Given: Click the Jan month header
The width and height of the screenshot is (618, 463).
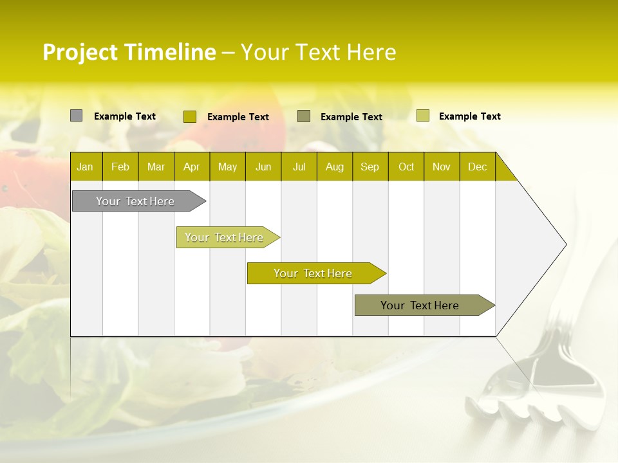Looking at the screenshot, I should pyautogui.click(x=85, y=167).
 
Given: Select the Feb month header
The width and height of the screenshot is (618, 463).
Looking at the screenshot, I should pyautogui.click(x=120, y=167).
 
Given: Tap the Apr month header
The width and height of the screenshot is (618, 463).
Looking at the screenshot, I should pyautogui.click(x=192, y=167).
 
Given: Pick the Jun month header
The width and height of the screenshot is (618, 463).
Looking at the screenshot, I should pyautogui.click(x=263, y=167).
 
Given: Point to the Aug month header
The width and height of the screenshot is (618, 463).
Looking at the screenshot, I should pyautogui.click(x=335, y=167).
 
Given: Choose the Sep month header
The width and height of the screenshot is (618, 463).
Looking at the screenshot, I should pyautogui.click(x=370, y=167).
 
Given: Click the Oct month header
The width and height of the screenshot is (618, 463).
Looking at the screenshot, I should pyautogui.click(x=406, y=167).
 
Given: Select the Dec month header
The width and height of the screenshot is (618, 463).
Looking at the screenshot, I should pyautogui.click(x=478, y=167).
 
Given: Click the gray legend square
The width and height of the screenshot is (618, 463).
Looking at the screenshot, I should pyautogui.click(x=77, y=116).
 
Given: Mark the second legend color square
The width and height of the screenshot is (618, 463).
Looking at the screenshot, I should pyautogui.click(x=190, y=116).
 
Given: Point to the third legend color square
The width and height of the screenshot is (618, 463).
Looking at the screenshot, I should pyautogui.click(x=304, y=116).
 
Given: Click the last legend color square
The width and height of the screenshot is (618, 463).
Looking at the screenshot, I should pyautogui.click(x=423, y=116).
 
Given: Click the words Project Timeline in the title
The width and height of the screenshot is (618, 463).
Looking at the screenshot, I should pyautogui.click(x=129, y=52).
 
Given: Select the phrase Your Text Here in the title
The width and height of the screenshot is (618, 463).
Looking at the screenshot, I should pyautogui.click(x=319, y=52).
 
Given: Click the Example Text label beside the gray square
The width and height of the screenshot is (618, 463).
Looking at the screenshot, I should pyautogui.click(x=125, y=116).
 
